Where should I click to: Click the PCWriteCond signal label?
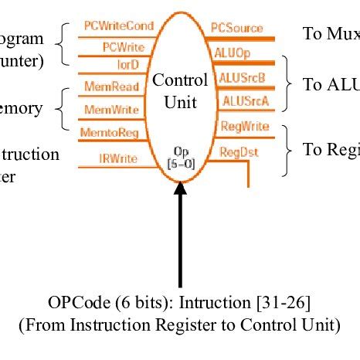pos(118,26)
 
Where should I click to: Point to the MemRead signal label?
pos(110,87)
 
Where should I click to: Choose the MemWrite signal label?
pos(110,109)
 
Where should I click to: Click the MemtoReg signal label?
pos(109,132)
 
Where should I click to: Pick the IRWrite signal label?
pos(118,158)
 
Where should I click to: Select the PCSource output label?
pos(236,28)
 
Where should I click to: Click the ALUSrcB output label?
pos(239,78)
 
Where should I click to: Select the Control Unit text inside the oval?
pos(180,90)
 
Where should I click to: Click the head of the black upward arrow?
pos(180,188)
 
